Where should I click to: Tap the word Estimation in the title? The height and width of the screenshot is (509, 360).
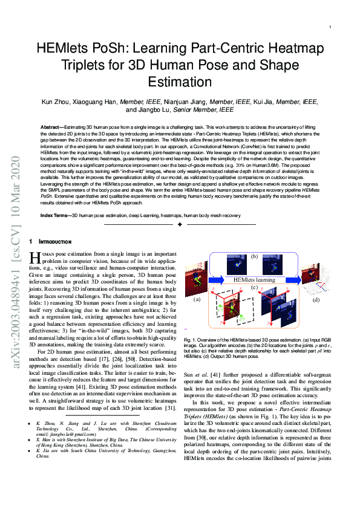(179, 82)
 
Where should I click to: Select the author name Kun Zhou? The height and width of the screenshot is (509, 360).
(59, 102)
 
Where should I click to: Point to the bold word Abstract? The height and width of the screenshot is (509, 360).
(53, 128)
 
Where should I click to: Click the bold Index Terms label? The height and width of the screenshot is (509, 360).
(55, 215)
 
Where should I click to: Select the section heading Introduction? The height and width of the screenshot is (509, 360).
(58, 242)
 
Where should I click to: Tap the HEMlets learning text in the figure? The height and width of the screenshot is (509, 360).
(255, 280)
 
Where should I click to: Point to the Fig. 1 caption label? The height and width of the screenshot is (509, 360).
(190, 342)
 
